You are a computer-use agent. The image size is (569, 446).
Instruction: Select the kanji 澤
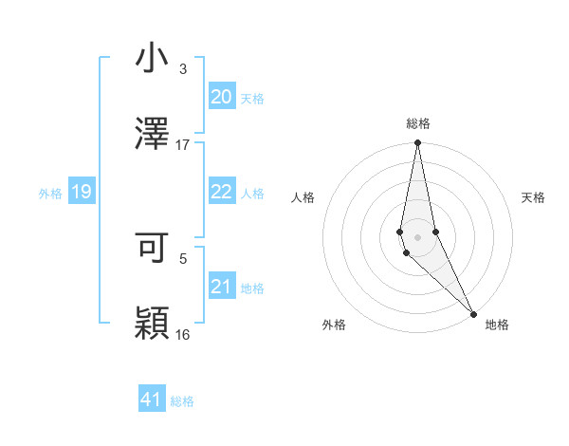(x=153, y=134)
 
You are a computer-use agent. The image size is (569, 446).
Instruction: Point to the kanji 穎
(x=153, y=323)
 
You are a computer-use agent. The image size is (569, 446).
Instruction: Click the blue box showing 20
(x=221, y=96)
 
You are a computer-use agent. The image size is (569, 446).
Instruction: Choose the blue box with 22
(x=221, y=192)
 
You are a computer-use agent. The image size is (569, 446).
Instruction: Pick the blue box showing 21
(x=221, y=287)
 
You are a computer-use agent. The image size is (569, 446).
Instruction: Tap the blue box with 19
(x=82, y=192)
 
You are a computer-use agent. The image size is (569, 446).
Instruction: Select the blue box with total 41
(x=152, y=400)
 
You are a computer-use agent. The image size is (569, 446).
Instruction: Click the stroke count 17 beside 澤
(x=183, y=145)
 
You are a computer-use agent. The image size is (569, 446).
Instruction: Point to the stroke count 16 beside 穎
(x=183, y=334)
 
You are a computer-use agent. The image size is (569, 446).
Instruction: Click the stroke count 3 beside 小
(x=182, y=69)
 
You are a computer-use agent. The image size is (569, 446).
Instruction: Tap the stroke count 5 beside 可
(x=182, y=258)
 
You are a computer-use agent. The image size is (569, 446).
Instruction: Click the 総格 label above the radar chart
(x=417, y=123)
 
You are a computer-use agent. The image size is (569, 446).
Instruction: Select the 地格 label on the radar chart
(x=497, y=325)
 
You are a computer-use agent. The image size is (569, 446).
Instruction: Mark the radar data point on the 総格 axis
(x=417, y=143)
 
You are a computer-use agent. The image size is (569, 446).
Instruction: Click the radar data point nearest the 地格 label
(x=473, y=313)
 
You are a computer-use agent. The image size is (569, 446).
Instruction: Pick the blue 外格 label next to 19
(x=50, y=194)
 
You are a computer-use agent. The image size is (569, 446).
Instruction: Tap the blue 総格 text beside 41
(x=182, y=401)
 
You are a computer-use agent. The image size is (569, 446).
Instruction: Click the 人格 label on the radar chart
(x=303, y=197)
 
